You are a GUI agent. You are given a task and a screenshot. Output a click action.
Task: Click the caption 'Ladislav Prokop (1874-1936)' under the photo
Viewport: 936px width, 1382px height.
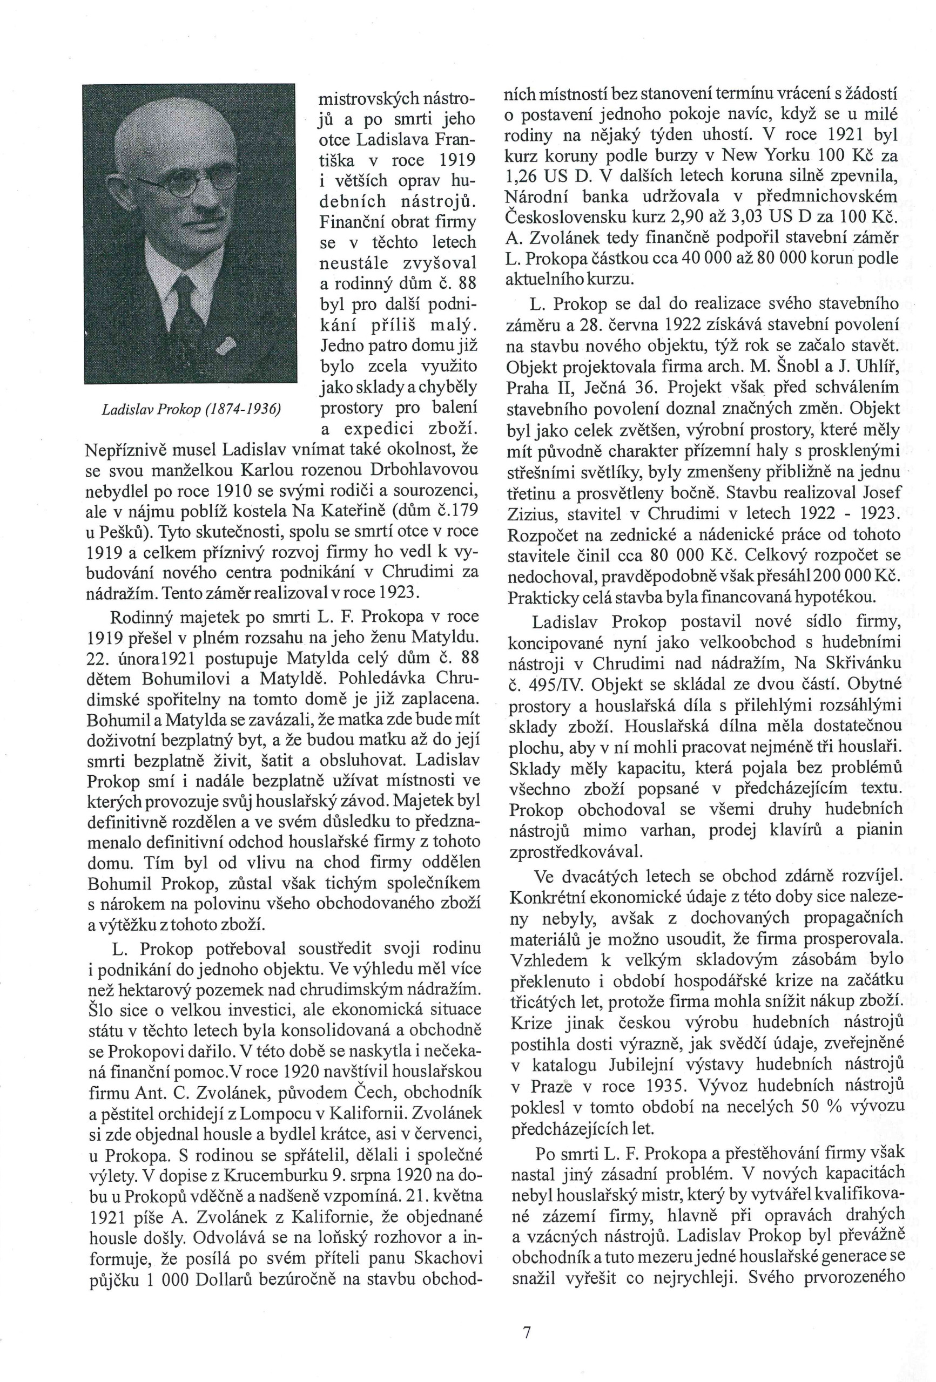[191, 410]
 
